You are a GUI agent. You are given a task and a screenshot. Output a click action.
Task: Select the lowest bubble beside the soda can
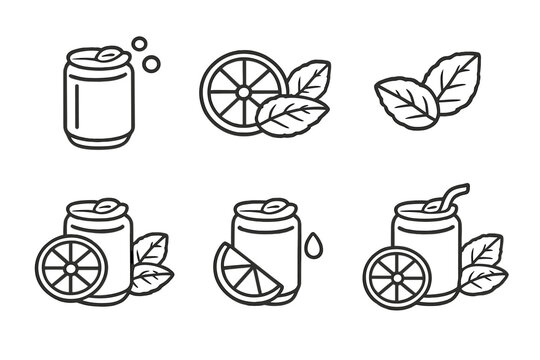click(153, 64)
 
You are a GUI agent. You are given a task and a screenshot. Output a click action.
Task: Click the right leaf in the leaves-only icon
click(452, 78)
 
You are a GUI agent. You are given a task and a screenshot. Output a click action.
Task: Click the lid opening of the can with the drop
click(269, 208)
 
